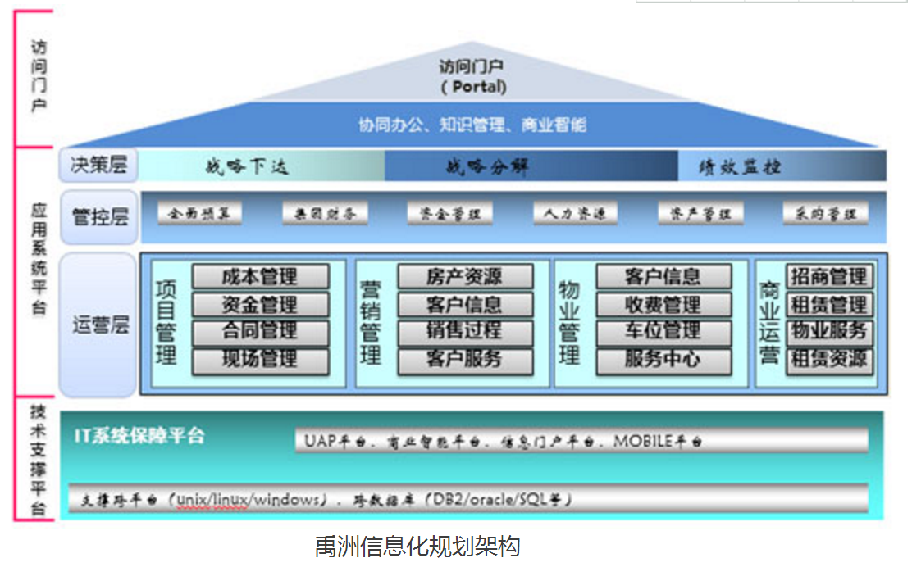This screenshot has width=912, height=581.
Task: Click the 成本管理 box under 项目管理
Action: tap(260, 276)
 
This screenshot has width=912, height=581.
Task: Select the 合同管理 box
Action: tap(260, 332)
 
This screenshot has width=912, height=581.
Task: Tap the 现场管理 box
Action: tap(260, 360)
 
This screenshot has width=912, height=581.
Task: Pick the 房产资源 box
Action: tap(464, 276)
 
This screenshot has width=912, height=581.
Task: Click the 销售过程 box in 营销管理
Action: tap(464, 332)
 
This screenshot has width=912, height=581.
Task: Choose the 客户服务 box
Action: tap(464, 360)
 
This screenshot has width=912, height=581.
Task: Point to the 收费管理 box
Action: tap(663, 305)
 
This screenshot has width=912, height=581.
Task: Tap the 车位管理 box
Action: tap(663, 332)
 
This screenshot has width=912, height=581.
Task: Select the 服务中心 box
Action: tap(663, 360)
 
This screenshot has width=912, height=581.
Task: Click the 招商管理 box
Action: tap(828, 276)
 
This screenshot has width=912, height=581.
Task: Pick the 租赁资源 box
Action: tap(828, 360)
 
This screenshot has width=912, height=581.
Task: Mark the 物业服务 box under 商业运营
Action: tap(828, 332)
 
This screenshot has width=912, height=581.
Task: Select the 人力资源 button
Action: tap(575, 214)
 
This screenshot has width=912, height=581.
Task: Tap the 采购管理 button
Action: tap(825, 214)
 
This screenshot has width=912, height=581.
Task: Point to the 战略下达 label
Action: tap(247, 167)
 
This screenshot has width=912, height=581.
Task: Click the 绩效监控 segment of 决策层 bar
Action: tap(740, 167)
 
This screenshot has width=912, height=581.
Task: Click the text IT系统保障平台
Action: tap(139, 435)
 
